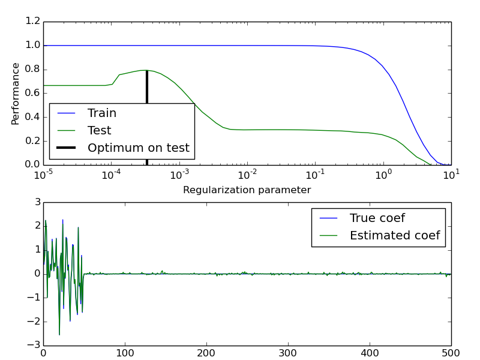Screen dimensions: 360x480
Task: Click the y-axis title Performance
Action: pos(16,94)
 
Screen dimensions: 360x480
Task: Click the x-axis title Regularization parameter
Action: pos(247,190)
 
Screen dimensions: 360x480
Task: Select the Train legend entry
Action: pos(102,113)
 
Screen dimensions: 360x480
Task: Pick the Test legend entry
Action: pos(99,130)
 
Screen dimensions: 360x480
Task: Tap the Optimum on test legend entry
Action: pos(138,148)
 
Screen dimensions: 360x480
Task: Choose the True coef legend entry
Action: pos(377,218)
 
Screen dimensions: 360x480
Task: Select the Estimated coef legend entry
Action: pos(395,235)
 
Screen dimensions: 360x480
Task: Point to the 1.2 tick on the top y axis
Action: pos(34,22)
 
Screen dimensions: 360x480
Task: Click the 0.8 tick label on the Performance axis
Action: pos(34,69)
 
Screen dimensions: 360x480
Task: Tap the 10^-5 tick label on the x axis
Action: pos(43,175)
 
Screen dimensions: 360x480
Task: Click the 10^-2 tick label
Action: pos(247,175)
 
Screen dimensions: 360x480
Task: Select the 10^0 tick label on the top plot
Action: pos(382,175)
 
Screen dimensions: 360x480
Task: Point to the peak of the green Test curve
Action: pos(144,70)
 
